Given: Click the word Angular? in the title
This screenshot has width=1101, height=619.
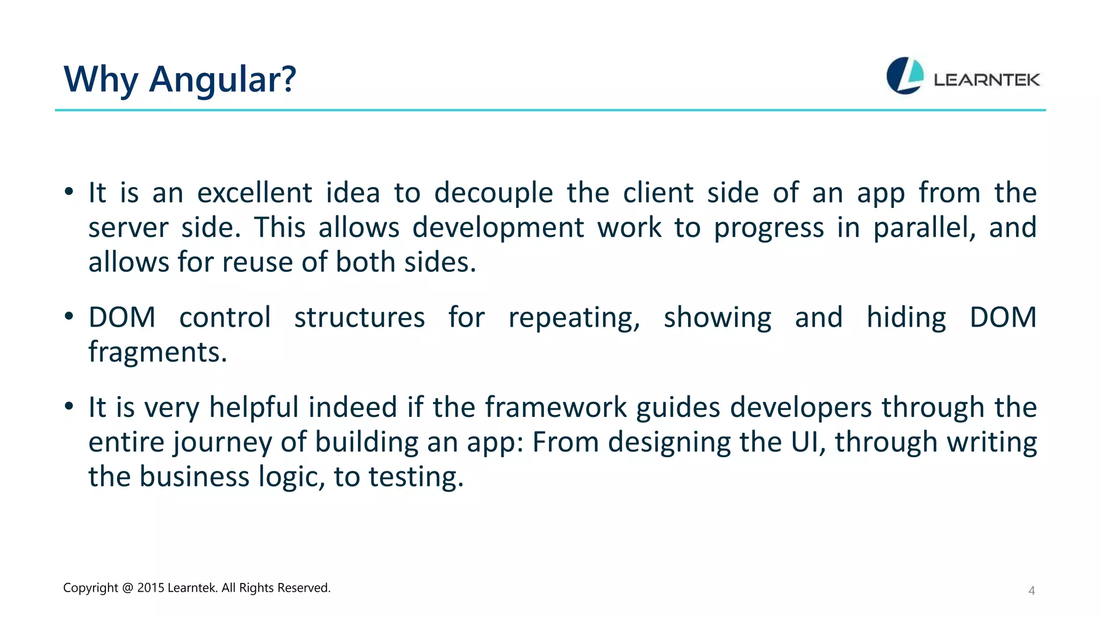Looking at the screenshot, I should [x=222, y=80].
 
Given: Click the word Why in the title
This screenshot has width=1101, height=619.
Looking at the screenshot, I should [x=101, y=80].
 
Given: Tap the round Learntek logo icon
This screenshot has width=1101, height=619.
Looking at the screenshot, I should [x=904, y=76].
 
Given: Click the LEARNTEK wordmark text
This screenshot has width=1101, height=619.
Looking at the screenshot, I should [x=986, y=80].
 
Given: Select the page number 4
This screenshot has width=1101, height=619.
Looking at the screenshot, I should [x=1031, y=591].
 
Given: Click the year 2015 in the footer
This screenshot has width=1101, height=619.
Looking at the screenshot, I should [x=151, y=588].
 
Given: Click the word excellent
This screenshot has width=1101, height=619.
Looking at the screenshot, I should [x=254, y=193].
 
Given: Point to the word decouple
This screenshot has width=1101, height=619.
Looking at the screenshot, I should [x=493, y=193].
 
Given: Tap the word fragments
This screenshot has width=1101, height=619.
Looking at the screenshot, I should [x=158, y=352].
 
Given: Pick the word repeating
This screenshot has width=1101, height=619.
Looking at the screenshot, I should [x=574, y=318].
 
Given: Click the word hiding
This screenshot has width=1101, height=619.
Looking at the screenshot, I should [x=906, y=318].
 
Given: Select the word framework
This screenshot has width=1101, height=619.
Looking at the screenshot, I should [x=556, y=407].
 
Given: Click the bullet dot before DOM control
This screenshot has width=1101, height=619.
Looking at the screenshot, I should [x=69, y=316].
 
